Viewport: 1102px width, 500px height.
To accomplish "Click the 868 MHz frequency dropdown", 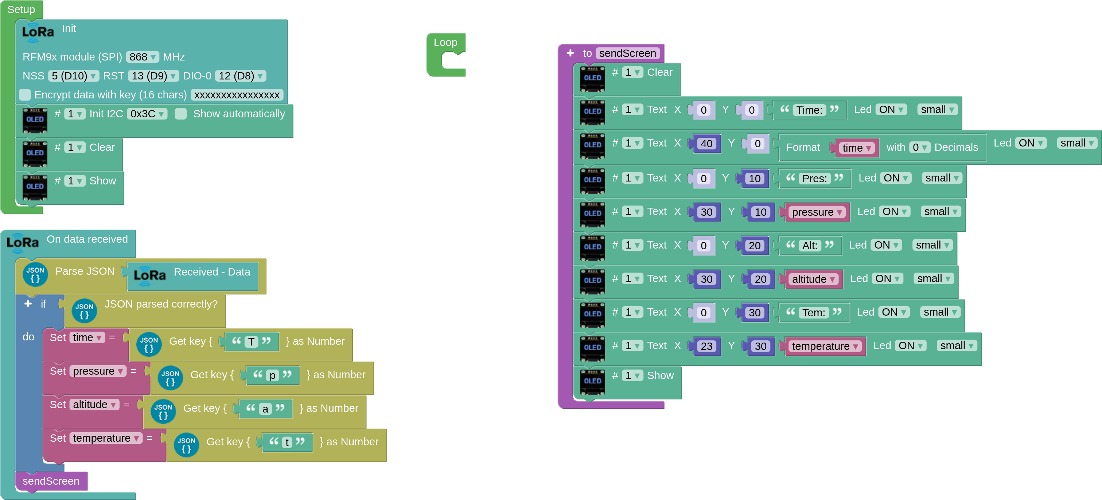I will [143, 57].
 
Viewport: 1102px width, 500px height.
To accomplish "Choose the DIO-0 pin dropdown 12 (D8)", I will [241, 76].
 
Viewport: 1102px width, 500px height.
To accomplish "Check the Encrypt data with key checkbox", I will [25, 94].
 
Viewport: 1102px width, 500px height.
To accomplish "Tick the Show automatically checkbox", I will [181, 114].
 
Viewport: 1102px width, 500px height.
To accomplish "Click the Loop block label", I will [445, 42].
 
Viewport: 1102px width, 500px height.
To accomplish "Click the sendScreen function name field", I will [627, 53].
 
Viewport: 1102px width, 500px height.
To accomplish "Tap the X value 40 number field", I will [706, 144].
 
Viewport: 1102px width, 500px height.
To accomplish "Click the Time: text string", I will [809, 110].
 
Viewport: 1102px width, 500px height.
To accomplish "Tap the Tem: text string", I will [813, 313].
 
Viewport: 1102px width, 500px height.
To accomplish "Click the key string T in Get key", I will [252, 342].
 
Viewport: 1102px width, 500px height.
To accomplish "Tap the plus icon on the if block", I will [28, 304].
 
